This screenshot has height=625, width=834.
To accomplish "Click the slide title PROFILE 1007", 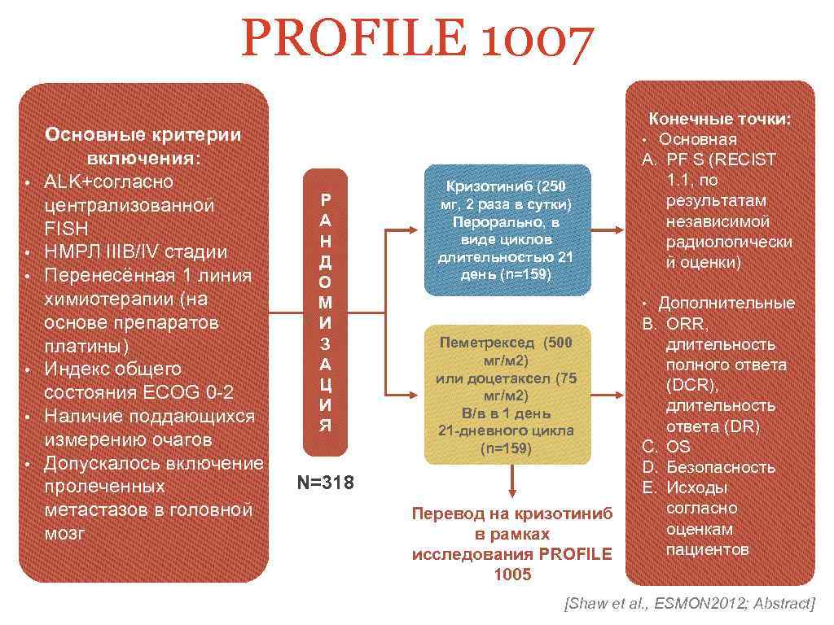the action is (x=417, y=43).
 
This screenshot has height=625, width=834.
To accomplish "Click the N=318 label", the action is (x=325, y=483).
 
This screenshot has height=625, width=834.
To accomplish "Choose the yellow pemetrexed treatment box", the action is (x=506, y=394).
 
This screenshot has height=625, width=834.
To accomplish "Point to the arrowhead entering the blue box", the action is (x=415, y=230).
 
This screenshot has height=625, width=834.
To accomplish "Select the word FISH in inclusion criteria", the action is (x=66, y=229).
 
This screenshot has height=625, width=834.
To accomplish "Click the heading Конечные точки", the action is (x=719, y=119).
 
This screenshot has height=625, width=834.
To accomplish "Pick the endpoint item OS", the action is (x=678, y=446).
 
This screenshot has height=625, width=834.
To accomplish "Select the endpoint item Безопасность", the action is (x=720, y=467).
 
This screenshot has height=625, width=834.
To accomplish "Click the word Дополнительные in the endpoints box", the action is (x=726, y=303).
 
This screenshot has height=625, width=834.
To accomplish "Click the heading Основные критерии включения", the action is (x=143, y=145).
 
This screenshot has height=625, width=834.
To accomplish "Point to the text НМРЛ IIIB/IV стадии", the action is (x=136, y=252).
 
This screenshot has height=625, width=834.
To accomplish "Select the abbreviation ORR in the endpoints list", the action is (x=687, y=324).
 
